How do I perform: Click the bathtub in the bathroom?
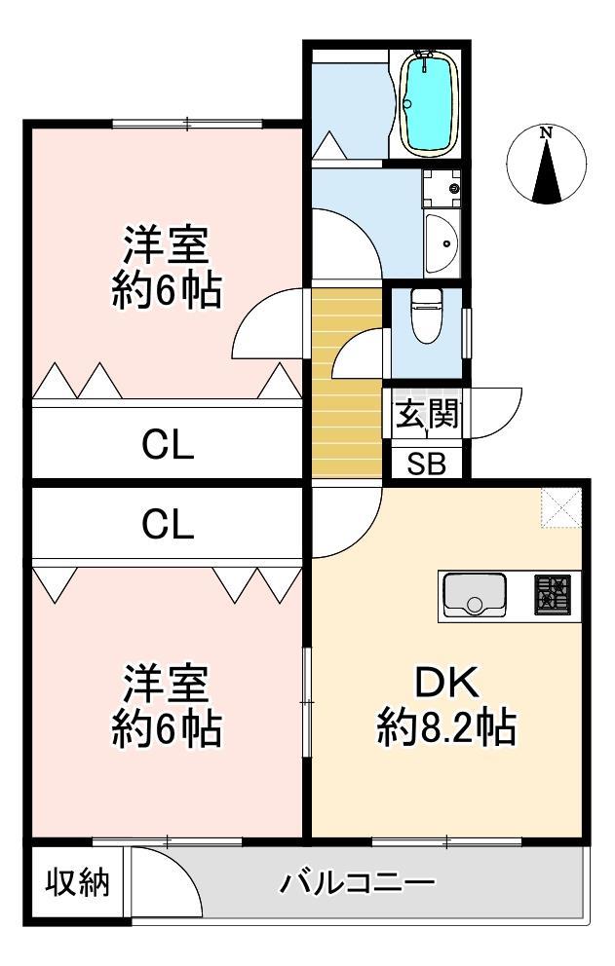[428, 104]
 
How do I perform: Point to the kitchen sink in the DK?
[475, 595]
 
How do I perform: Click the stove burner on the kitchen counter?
[552, 595]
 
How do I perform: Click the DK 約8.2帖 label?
[446, 704]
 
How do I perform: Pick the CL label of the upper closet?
[168, 446]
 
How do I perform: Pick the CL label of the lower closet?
[168, 525]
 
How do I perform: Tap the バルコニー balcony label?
[358, 884]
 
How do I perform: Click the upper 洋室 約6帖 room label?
[166, 267]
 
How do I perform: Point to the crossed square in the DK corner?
[560, 506]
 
